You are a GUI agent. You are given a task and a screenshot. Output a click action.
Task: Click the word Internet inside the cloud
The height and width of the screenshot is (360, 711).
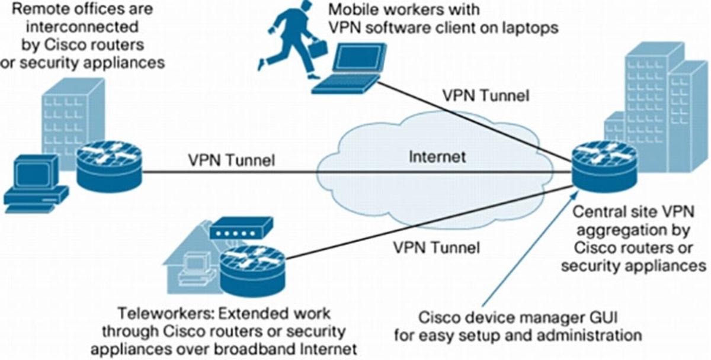point(437,157)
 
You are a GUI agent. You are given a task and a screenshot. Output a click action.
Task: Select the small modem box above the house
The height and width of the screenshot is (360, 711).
point(241,227)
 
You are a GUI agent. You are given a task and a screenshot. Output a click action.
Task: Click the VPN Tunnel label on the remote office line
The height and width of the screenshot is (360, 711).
point(231,160)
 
